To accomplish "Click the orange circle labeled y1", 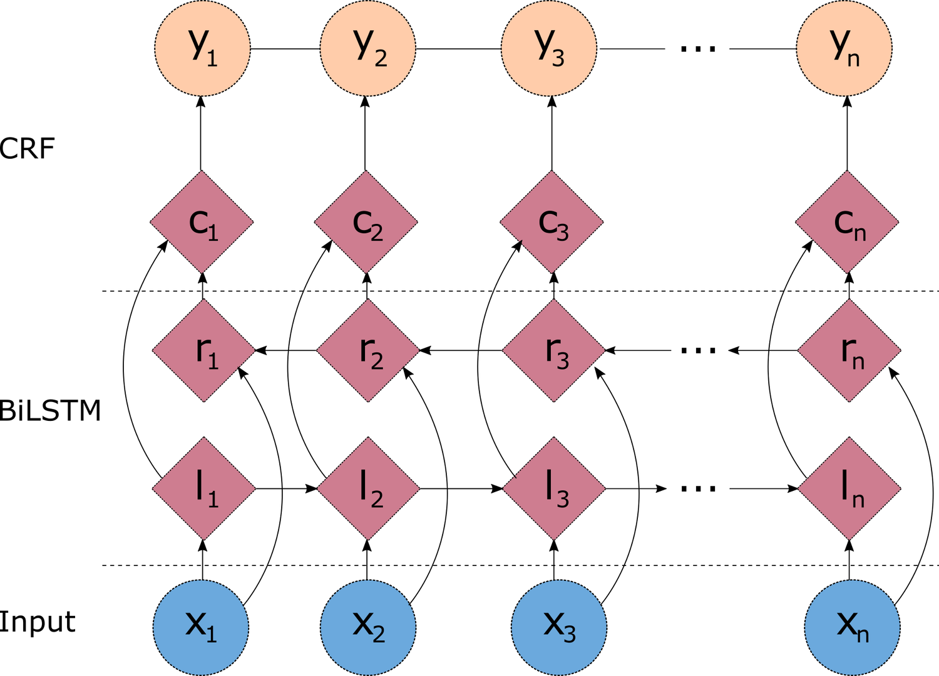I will pyautogui.click(x=202, y=48).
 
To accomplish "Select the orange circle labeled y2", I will pyautogui.click(x=367, y=48).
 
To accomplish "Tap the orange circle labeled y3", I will pyautogui.click(x=548, y=48).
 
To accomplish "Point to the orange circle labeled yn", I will pyautogui.click(x=844, y=48).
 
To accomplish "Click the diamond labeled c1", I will pyautogui.click(x=202, y=222).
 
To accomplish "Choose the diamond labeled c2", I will pyautogui.click(x=366, y=222).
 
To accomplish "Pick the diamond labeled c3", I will pyautogui.click(x=552, y=222).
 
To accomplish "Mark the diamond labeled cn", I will pyautogui.click(x=847, y=222).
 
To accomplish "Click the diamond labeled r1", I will pyautogui.click(x=203, y=350).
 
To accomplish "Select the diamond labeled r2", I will pyautogui.click(x=368, y=350).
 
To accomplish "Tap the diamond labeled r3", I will pyautogui.click(x=553, y=350).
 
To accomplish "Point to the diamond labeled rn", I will pyautogui.click(x=849, y=350).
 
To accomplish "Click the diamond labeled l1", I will pyautogui.click(x=203, y=488).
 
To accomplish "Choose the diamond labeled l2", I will pyautogui.click(x=368, y=488).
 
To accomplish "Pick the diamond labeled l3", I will pyautogui.click(x=554, y=488).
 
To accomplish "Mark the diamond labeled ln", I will pyautogui.click(x=849, y=488).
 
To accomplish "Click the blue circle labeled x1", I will pyautogui.click(x=201, y=627).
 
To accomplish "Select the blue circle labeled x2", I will pyautogui.click(x=368, y=627).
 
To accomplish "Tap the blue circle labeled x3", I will pyautogui.click(x=558, y=627).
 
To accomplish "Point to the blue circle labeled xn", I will pyautogui.click(x=852, y=627).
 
